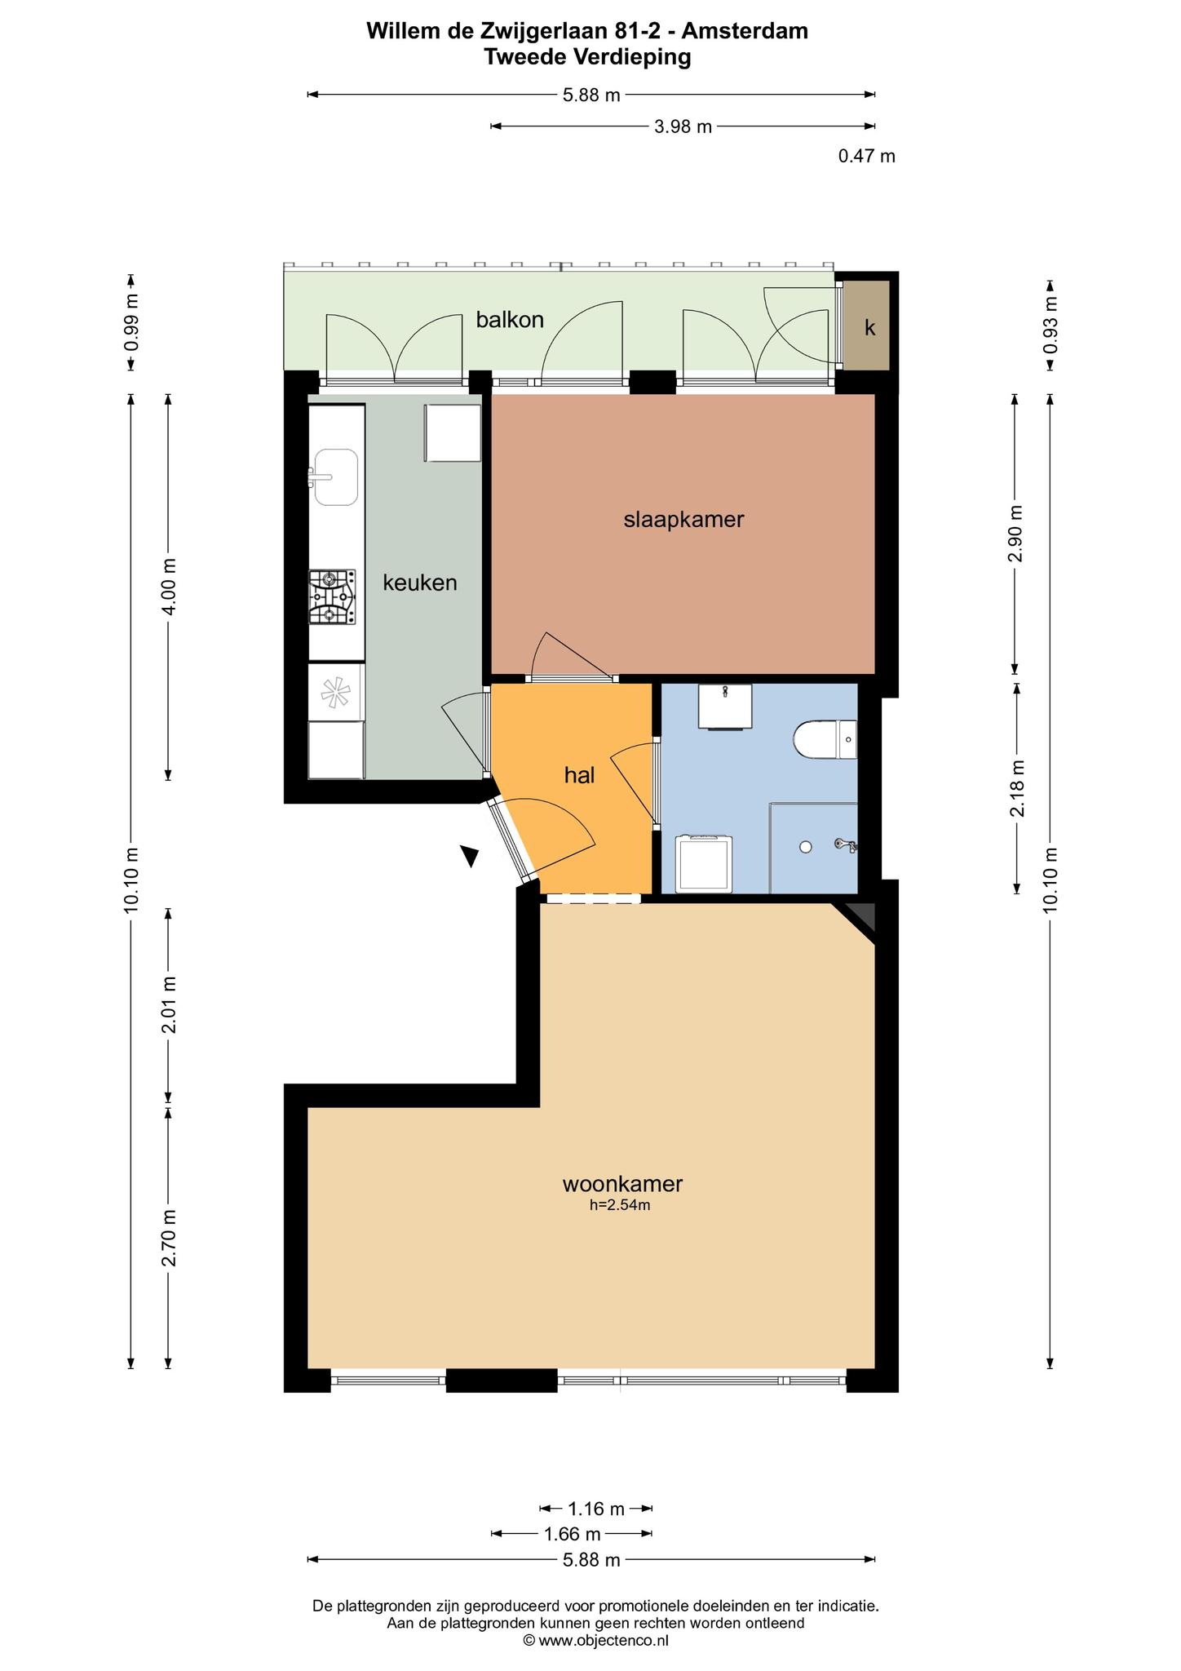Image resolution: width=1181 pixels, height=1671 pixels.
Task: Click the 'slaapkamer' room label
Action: point(683,520)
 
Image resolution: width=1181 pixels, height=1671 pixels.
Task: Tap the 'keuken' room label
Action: point(420,583)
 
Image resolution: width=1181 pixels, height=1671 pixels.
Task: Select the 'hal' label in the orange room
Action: point(579,775)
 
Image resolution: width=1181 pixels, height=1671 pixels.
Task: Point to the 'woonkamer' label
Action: point(622,1183)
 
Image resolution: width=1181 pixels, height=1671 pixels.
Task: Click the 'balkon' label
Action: point(510,320)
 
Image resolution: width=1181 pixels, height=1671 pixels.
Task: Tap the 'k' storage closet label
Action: point(870,328)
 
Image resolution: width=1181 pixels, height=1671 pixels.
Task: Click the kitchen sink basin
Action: point(336,476)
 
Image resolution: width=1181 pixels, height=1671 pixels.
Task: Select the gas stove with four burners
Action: point(332,597)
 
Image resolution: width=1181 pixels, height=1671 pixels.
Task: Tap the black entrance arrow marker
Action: point(470,855)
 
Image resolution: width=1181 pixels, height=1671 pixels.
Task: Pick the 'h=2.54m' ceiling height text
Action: point(620,1205)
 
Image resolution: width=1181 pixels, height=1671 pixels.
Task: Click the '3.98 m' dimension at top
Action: point(683,126)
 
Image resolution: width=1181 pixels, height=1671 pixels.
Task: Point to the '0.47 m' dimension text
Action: point(866,156)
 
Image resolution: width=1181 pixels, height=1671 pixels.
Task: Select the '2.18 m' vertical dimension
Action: point(1017,787)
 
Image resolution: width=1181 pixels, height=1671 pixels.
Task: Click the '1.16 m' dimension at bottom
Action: point(596,1508)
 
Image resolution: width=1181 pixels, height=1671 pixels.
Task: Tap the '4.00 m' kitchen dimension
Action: point(169,588)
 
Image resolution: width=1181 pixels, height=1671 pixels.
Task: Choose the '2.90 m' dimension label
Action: point(1015,534)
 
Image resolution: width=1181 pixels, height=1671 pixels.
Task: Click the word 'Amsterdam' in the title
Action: point(745,31)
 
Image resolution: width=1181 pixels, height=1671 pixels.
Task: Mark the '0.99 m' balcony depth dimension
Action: point(131,321)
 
